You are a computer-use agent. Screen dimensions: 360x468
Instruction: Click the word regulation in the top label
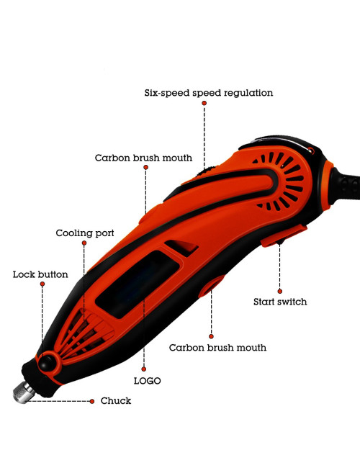[x=248, y=93]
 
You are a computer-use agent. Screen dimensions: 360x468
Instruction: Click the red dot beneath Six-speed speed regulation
[x=204, y=103]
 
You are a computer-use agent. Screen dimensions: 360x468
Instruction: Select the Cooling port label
[x=85, y=233]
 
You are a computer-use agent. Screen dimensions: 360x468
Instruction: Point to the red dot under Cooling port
[x=84, y=243]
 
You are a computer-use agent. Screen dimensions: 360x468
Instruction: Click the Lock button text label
[x=40, y=274]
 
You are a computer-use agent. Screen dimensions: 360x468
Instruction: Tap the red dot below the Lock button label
[x=42, y=284]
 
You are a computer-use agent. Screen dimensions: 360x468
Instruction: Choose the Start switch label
[x=280, y=302]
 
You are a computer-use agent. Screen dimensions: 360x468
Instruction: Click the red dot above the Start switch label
[x=279, y=292]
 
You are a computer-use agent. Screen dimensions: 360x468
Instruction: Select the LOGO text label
[x=147, y=381]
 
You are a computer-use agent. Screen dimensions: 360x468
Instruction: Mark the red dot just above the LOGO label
[x=144, y=369]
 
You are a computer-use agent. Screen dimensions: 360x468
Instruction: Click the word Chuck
[x=116, y=401]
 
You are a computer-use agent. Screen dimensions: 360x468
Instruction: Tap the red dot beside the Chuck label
[x=92, y=402]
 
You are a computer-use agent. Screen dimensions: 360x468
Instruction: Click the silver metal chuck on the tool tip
[x=23, y=392]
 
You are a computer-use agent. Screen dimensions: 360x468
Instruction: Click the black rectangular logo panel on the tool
[x=138, y=284]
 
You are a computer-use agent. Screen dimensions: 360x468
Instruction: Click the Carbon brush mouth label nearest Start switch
[x=217, y=348]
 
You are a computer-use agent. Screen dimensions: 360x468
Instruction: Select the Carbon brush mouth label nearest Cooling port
[x=143, y=158]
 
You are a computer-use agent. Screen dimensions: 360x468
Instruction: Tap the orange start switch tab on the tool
[x=284, y=236]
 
